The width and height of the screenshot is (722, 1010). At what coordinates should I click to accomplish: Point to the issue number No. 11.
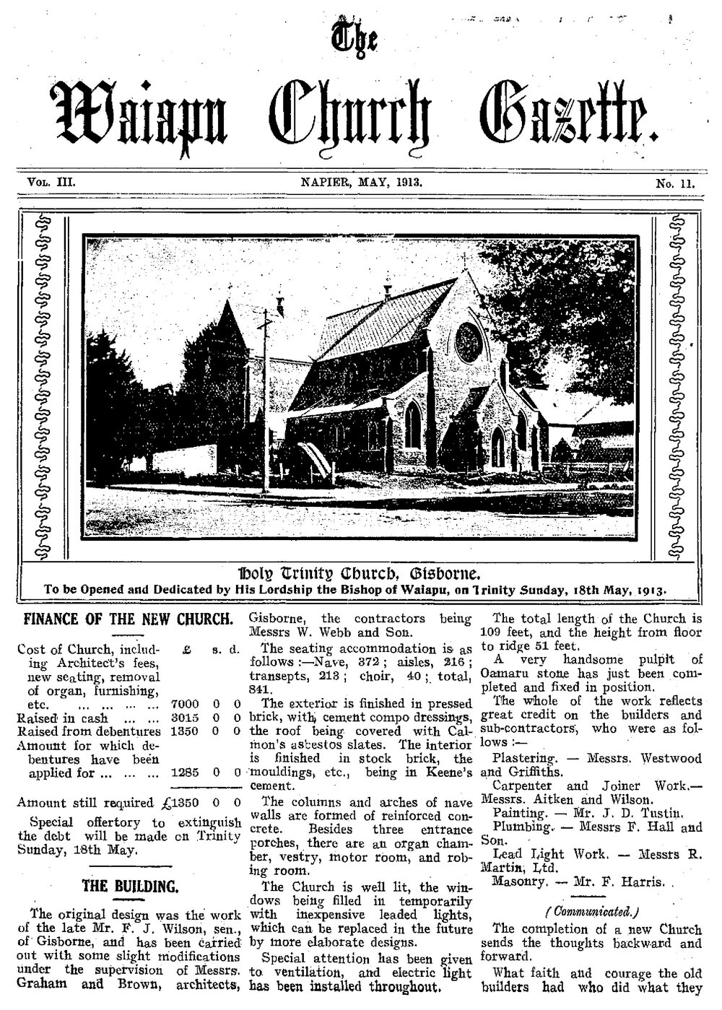coord(674,184)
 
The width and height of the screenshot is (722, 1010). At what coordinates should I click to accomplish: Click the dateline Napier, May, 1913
coord(361,183)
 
